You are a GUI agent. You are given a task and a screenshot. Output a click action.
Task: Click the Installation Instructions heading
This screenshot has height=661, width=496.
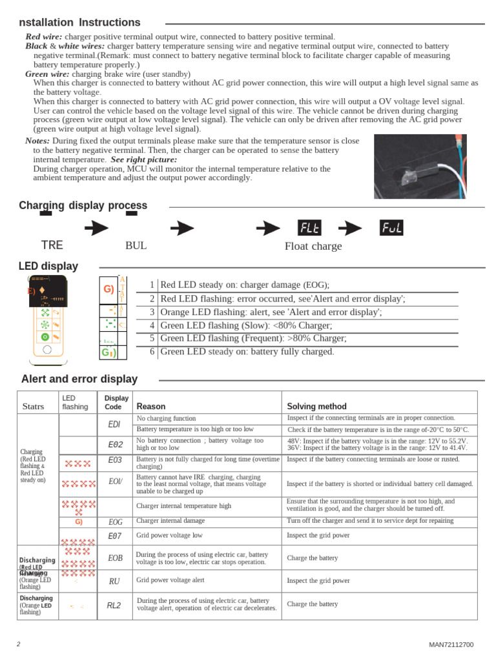pyautogui.click(x=79, y=23)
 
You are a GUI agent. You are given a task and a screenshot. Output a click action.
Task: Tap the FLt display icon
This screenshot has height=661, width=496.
pyautogui.click(x=309, y=228)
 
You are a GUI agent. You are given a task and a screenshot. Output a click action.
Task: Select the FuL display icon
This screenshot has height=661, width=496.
pyautogui.click(x=391, y=228)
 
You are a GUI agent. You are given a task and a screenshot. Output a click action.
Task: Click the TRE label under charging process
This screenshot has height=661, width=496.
pyautogui.click(x=52, y=245)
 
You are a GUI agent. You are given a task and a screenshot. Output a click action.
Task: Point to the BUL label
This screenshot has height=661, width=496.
pyautogui.click(x=136, y=246)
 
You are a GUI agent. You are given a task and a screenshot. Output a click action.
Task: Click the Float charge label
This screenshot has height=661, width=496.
pyautogui.click(x=313, y=246)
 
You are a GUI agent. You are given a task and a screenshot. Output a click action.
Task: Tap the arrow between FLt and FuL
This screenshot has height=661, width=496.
pyautogui.click(x=350, y=228)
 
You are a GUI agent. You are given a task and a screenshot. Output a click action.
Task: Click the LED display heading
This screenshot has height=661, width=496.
pyautogui.click(x=48, y=266)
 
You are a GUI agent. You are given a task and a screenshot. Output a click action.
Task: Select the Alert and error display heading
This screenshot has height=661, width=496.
pyautogui.click(x=79, y=379)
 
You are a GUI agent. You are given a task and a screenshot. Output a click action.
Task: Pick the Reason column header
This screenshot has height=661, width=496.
pyautogui.click(x=151, y=407)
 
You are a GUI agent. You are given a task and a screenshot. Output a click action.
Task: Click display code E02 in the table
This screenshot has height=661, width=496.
pyautogui.click(x=114, y=444)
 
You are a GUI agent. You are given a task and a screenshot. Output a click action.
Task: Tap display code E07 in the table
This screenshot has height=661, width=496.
pyautogui.click(x=114, y=536)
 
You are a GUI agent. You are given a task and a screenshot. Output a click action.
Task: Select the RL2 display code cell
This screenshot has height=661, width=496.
pyautogui.click(x=114, y=605)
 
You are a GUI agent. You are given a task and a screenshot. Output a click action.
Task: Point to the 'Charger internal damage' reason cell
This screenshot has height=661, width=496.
pyautogui.click(x=170, y=520)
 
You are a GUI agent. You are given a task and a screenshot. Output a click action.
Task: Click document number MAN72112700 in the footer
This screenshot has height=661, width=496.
pyautogui.click(x=451, y=645)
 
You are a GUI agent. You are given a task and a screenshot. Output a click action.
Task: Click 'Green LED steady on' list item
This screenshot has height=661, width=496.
pyautogui.click(x=247, y=352)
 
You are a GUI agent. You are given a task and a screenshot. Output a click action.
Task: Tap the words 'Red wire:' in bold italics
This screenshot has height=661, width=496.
pyautogui.click(x=44, y=37)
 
